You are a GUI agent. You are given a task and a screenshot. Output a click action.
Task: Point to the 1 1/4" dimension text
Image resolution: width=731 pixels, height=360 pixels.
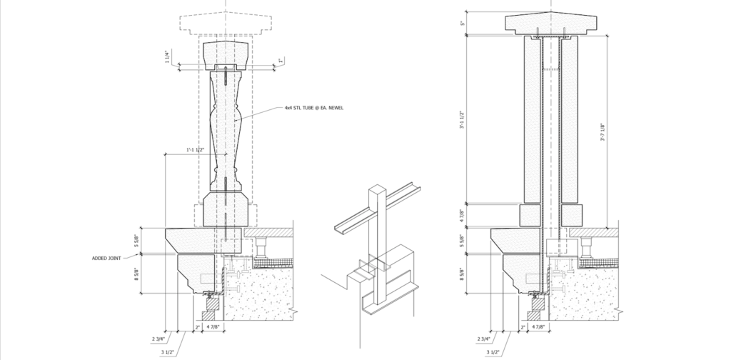pos(167,56)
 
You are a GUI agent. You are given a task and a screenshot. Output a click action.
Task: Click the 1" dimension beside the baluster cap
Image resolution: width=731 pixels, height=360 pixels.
pos(281,61)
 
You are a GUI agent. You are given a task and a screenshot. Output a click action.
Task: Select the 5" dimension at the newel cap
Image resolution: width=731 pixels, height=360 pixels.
pos(463,23)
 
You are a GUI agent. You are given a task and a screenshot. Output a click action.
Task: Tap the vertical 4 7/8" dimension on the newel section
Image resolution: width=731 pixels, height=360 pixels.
pos(463,213)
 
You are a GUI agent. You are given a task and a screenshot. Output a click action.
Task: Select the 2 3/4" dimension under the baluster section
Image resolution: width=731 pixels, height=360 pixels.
pos(159,338)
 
